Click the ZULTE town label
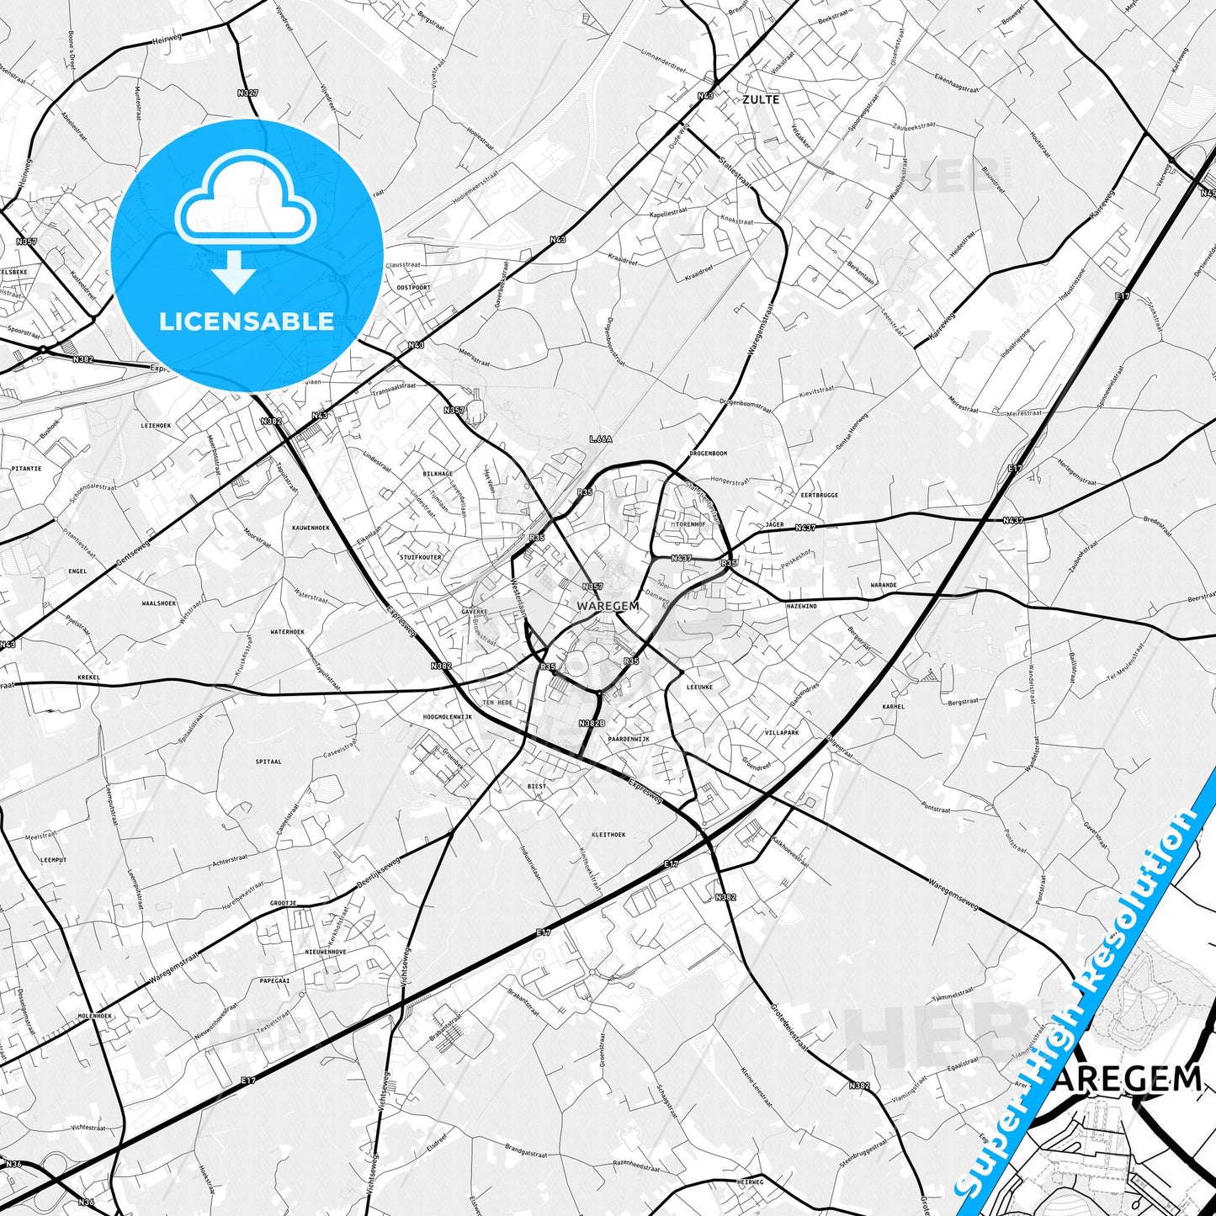click(x=761, y=99)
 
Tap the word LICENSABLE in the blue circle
click(x=247, y=321)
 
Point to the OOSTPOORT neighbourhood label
click(x=413, y=287)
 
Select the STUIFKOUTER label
click(x=421, y=557)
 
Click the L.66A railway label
click(x=601, y=438)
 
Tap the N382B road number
click(x=592, y=723)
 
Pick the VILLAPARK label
click(x=782, y=733)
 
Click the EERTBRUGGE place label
click(x=819, y=495)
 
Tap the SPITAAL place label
click(x=268, y=762)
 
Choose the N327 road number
click(x=247, y=93)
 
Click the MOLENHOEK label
click(x=95, y=1016)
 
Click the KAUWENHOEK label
click(x=311, y=528)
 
